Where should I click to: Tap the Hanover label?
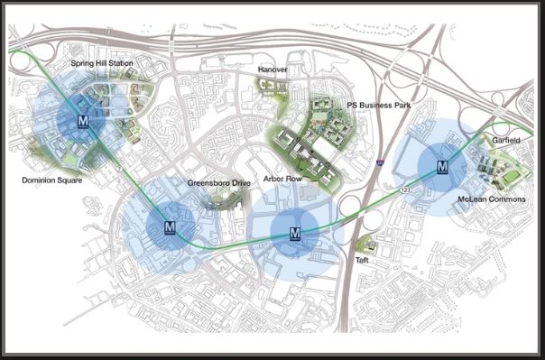(x=272, y=69)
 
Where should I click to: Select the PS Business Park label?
(x=378, y=106)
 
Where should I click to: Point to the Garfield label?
(x=506, y=142)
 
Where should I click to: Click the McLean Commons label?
(x=491, y=198)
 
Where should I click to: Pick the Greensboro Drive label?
(x=218, y=183)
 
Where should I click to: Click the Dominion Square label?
(x=52, y=180)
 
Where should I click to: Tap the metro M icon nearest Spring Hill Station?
(x=83, y=121)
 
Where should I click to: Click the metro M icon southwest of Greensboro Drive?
(x=170, y=229)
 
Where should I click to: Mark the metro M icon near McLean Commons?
(x=442, y=166)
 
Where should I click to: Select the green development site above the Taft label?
(x=365, y=243)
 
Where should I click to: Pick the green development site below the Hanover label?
(x=269, y=86)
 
